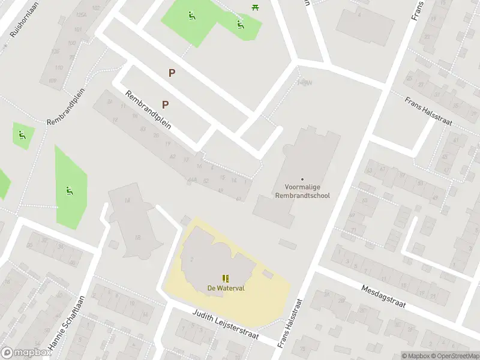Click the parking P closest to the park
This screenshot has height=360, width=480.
pos(172,73)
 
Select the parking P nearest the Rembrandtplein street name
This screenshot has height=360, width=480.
pos(165,104)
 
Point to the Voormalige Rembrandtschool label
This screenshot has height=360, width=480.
pos(302,191)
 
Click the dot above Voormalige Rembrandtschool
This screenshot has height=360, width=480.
pos(302,179)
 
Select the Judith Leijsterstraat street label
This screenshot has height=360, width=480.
pos(226,325)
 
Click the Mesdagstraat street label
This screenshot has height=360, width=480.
pos(384,296)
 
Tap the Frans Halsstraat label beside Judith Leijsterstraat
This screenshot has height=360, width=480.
pos(290,324)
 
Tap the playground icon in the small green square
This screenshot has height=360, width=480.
pos(22,135)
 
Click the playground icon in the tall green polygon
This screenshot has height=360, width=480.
pos(69,191)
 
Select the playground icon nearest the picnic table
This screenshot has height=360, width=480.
pos(239,25)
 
